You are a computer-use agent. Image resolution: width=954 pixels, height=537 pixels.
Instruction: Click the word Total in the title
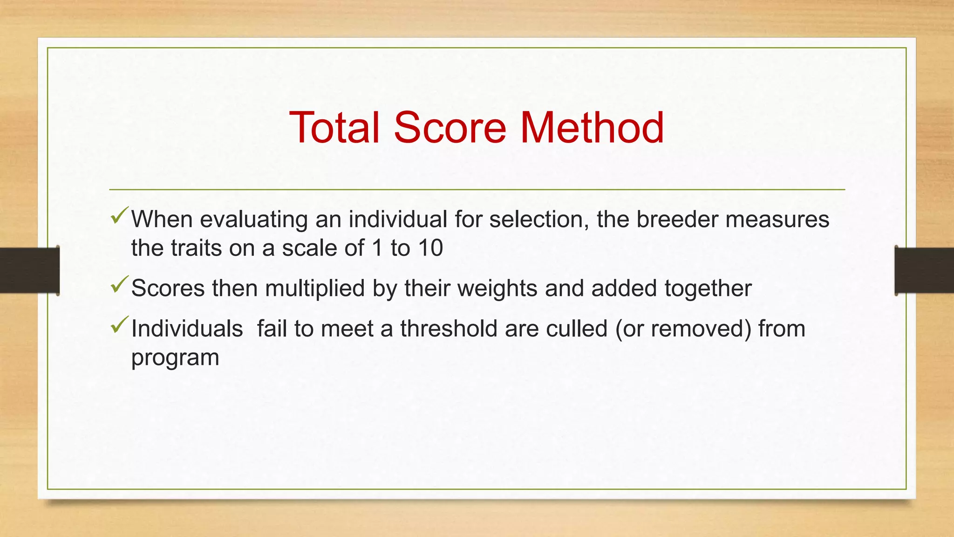pos(334,127)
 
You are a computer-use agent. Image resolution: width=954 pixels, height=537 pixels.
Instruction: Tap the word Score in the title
pos(450,127)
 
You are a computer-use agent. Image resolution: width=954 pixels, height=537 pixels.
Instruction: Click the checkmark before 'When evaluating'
pos(119,215)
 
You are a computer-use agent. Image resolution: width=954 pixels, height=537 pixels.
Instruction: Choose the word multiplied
pos(314,289)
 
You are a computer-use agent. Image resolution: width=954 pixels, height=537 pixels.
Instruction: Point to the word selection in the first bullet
pos(539,219)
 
